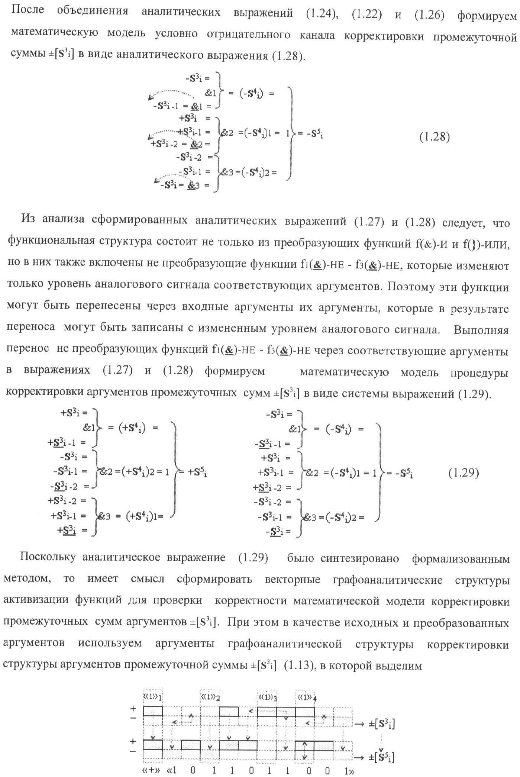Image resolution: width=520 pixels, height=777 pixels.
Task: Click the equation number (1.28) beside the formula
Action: tap(435, 137)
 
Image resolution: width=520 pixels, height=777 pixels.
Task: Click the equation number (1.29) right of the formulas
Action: tap(464, 473)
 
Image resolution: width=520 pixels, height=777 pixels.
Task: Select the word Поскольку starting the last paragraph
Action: tap(48, 557)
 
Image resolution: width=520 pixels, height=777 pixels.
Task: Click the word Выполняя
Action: tap(481, 330)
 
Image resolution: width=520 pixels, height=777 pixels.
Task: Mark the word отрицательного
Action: tap(248, 35)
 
